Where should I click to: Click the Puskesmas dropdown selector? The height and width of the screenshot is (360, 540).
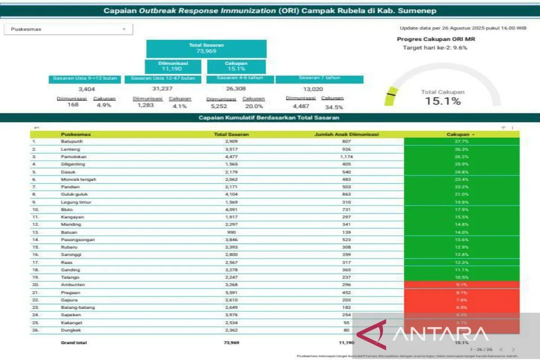[68, 29]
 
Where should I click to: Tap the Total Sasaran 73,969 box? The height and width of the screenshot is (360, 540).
[206, 48]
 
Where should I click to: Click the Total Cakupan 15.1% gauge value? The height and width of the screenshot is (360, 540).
[443, 101]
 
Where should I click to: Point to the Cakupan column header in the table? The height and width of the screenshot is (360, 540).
[461, 134]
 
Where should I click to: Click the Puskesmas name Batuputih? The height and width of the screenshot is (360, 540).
[72, 141]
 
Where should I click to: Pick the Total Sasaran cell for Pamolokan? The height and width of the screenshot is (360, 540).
[231, 157]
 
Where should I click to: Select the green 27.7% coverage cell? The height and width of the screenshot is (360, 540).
[461, 141]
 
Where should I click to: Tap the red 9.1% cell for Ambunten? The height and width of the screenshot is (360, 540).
[461, 285]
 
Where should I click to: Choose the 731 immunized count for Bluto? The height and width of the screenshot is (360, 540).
[346, 209]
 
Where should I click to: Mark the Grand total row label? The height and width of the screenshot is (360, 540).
[74, 342]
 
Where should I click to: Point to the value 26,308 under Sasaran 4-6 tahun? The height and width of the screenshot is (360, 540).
[235, 89]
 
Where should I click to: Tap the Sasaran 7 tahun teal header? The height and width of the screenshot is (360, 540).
[319, 78]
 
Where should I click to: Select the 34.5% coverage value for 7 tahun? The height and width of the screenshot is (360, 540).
[334, 107]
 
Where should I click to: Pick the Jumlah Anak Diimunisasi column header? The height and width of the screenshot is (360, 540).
[346, 134]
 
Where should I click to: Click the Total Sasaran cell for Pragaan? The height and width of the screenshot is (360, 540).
[231, 292]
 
